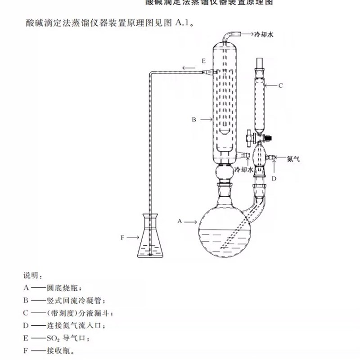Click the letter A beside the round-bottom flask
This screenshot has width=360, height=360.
coord(180,221)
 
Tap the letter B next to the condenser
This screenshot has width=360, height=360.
coord(194,120)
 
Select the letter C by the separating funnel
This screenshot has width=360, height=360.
coord(280,85)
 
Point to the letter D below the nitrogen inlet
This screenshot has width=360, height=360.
coord(274,178)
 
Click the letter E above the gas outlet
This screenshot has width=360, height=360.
coord(203,60)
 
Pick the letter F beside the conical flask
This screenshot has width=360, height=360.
coord(122,236)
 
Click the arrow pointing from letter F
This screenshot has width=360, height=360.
coord(133,236)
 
